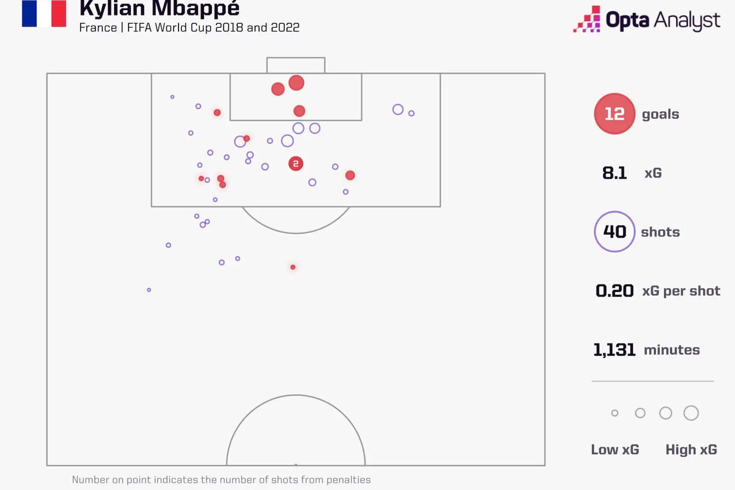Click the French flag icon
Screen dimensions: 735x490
pos(44,13)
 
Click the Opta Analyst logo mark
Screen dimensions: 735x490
pos(587,19)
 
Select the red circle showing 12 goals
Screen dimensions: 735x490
pos(615,114)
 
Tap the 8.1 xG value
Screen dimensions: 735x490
pos(615,173)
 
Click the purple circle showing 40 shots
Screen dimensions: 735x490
pos(615,231)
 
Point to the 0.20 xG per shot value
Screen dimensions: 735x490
pos(615,291)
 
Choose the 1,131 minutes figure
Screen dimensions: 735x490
pos(615,350)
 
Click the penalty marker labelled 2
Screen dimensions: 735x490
pos(296,164)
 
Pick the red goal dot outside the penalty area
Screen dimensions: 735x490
pos(293,267)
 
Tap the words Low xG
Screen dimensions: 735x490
pos(615,450)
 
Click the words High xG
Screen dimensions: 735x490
pos(691,450)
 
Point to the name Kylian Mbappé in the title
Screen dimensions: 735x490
pos(159,9)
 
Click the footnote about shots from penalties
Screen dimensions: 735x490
pos(221,480)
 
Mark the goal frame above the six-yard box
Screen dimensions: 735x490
pos(296,58)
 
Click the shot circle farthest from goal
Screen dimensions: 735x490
pos(149,290)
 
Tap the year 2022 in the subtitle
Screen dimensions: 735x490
pos(285,28)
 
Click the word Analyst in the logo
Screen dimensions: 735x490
pos(687,21)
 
